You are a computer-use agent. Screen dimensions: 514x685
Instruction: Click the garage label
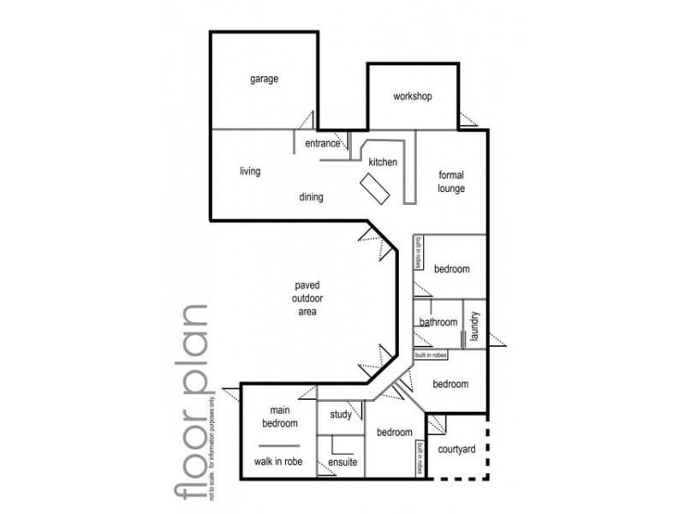click(264, 79)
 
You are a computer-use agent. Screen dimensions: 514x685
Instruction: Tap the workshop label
click(413, 97)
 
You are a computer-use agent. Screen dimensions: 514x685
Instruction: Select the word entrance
click(322, 143)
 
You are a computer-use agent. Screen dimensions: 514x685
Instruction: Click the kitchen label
click(383, 161)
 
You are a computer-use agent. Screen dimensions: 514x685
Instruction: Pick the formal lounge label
click(450, 181)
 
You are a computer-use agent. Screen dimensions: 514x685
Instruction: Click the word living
click(249, 171)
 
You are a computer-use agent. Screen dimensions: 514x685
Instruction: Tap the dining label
click(311, 198)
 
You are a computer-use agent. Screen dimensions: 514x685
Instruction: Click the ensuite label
click(342, 463)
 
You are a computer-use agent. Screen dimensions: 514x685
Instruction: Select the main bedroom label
click(279, 417)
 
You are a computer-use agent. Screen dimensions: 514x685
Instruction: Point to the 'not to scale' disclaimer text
click(226, 445)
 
